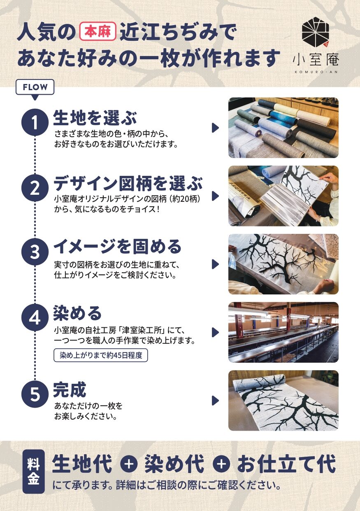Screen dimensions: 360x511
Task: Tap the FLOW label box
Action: (x=35, y=87)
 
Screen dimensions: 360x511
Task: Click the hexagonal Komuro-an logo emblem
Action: (x=316, y=32)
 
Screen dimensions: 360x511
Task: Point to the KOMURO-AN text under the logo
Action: (x=316, y=72)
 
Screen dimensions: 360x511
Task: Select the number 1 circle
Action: (x=35, y=122)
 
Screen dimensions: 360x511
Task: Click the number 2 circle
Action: (x=35, y=188)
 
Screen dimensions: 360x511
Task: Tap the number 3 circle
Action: (x=35, y=252)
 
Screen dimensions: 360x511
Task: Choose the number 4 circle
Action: (x=35, y=317)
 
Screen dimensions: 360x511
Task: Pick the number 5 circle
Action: (x=35, y=394)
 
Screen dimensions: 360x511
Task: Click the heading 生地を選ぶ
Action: (x=95, y=118)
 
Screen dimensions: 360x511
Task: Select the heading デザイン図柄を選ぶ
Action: (x=128, y=183)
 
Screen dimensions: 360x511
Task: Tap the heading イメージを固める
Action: (x=117, y=247)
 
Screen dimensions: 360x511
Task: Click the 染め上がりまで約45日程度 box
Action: (x=101, y=355)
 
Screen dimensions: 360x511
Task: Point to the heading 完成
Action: (x=70, y=390)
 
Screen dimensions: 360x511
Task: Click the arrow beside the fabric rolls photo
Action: (x=215, y=128)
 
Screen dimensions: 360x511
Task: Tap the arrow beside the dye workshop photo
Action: (x=215, y=332)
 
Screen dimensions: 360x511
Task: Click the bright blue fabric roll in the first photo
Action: (x=283, y=117)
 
